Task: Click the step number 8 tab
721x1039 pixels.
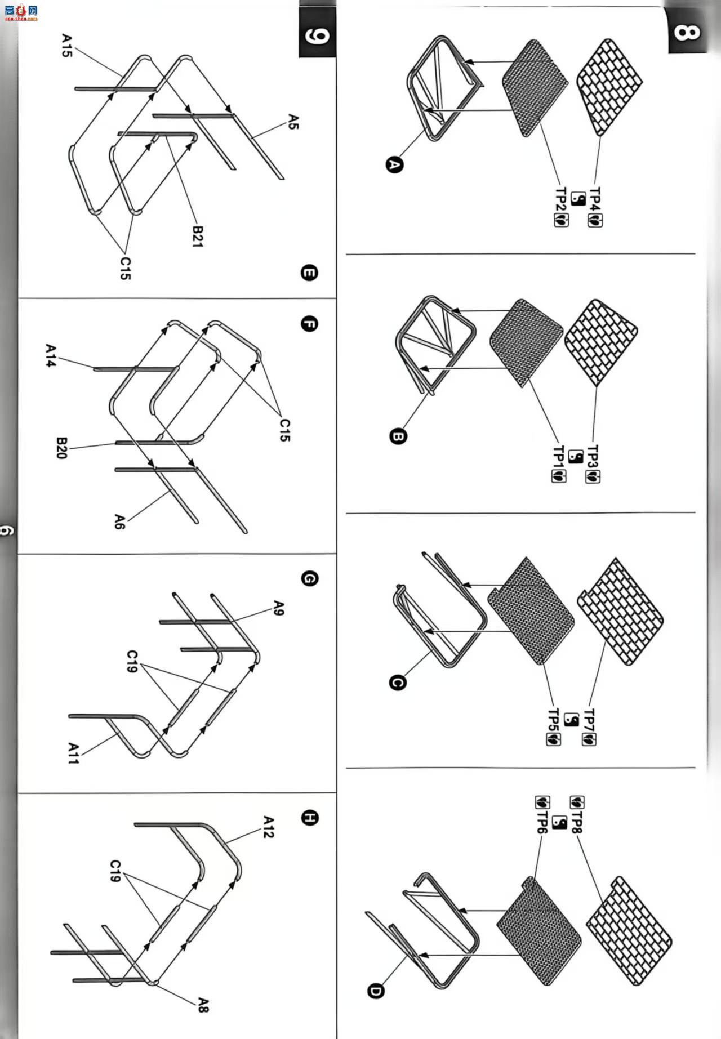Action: coord(687,32)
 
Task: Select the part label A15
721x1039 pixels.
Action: coord(66,46)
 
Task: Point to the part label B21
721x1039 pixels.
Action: coord(197,237)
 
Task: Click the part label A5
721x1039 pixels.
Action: coord(293,122)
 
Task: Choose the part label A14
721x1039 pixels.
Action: coord(51,356)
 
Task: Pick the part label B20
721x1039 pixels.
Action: coord(61,448)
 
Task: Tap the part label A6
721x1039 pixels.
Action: coord(119,521)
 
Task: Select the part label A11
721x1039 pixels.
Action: coord(74,753)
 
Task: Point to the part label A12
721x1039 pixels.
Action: coord(269,827)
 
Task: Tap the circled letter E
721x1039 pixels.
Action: coord(309,273)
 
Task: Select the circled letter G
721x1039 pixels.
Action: coord(309,578)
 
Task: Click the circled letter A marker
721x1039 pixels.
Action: coord(395,165)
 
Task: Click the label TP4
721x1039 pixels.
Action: coord(595,199)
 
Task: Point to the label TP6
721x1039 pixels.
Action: coord(542,823)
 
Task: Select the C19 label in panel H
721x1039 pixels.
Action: coord(115,871)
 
